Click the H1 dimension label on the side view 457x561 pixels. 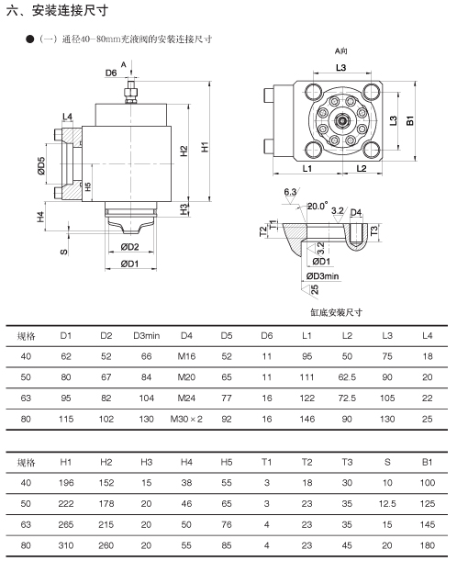(205, 147)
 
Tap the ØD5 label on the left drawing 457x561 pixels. (41, 165)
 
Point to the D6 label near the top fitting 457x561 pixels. (111, 73)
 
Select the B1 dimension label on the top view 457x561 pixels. (410, 120)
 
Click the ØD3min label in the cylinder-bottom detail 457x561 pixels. (322, 275)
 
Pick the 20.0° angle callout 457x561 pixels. (318, 206)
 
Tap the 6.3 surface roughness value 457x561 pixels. (290, 192)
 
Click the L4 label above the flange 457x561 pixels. (67, 117)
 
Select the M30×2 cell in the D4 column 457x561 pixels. (186, 419)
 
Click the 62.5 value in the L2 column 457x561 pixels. (347, 377)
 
